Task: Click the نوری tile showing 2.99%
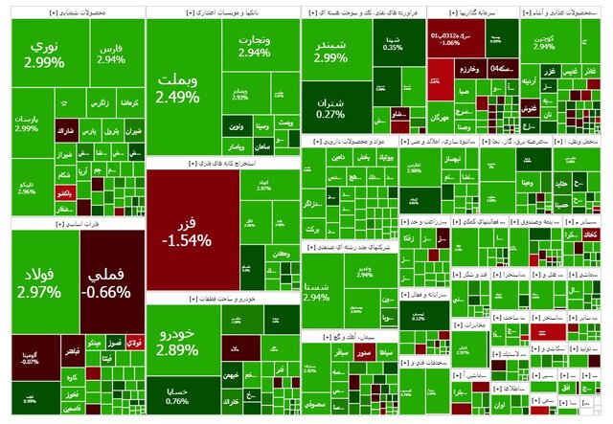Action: [44, 54]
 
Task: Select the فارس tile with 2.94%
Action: [111, 53]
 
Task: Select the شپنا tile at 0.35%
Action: [392, 42]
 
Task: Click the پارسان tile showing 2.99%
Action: [27, 123]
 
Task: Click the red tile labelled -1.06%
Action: [450, 39]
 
